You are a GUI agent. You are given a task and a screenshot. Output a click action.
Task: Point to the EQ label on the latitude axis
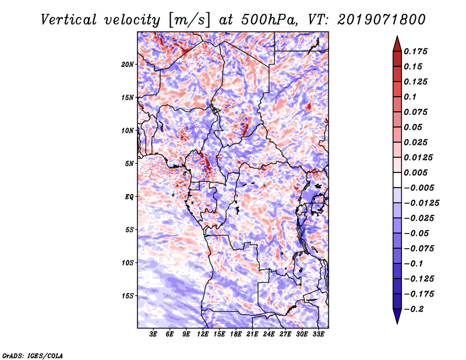pos(129,197)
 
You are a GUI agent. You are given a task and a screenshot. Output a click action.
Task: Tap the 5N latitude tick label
pos(129,164)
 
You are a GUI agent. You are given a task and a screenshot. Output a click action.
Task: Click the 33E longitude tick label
pos(318,335)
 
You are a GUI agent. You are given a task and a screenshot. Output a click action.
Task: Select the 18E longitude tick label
pos(236,335)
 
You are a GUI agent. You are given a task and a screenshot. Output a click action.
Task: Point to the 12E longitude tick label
pos(203,335)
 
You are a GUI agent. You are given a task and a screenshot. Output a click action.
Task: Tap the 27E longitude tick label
pos(285,335)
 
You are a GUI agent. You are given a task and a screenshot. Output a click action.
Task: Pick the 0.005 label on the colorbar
pos(416,172)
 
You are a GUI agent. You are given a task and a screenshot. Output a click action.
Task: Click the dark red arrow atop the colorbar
pos(397,43)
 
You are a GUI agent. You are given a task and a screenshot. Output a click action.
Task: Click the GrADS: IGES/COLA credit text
pos(32,355)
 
